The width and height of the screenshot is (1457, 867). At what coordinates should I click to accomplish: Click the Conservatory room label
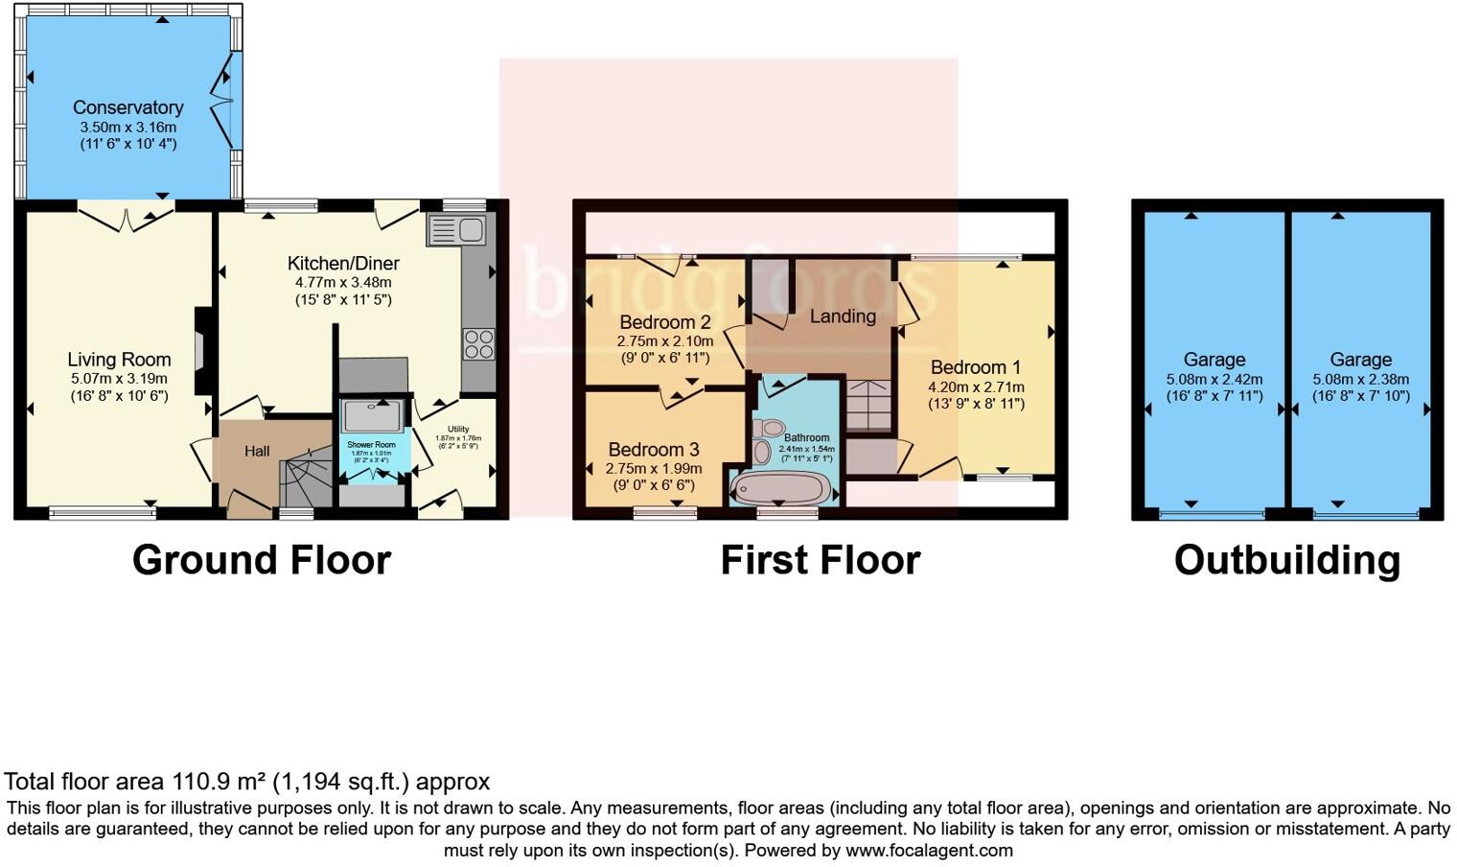127,107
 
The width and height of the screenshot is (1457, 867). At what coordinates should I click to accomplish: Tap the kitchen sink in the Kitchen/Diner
457,230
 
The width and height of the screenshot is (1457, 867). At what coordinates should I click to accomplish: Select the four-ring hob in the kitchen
478,344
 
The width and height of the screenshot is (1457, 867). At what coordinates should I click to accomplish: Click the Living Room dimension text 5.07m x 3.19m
119,379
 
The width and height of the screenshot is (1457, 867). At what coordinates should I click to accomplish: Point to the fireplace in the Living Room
203,350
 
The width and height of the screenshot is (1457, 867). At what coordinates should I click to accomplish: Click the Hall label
256,451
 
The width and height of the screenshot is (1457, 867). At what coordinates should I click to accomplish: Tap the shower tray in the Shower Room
373,416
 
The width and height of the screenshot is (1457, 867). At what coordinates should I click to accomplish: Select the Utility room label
457,429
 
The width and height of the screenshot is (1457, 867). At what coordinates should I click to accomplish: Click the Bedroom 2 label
664,322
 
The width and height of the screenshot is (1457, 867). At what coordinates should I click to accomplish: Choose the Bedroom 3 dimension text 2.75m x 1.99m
653,469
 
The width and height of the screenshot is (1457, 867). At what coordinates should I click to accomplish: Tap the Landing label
843,316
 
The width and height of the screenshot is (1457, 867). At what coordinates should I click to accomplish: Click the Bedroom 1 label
975,367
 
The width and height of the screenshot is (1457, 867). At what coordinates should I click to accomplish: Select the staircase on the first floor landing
868,405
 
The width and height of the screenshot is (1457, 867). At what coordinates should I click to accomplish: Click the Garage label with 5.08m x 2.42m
1214,360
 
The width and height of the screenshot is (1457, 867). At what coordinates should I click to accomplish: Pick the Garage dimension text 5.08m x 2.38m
1360,379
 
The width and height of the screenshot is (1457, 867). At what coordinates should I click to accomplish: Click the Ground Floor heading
261,560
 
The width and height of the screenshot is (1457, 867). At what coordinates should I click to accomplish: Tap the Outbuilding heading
1286,560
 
